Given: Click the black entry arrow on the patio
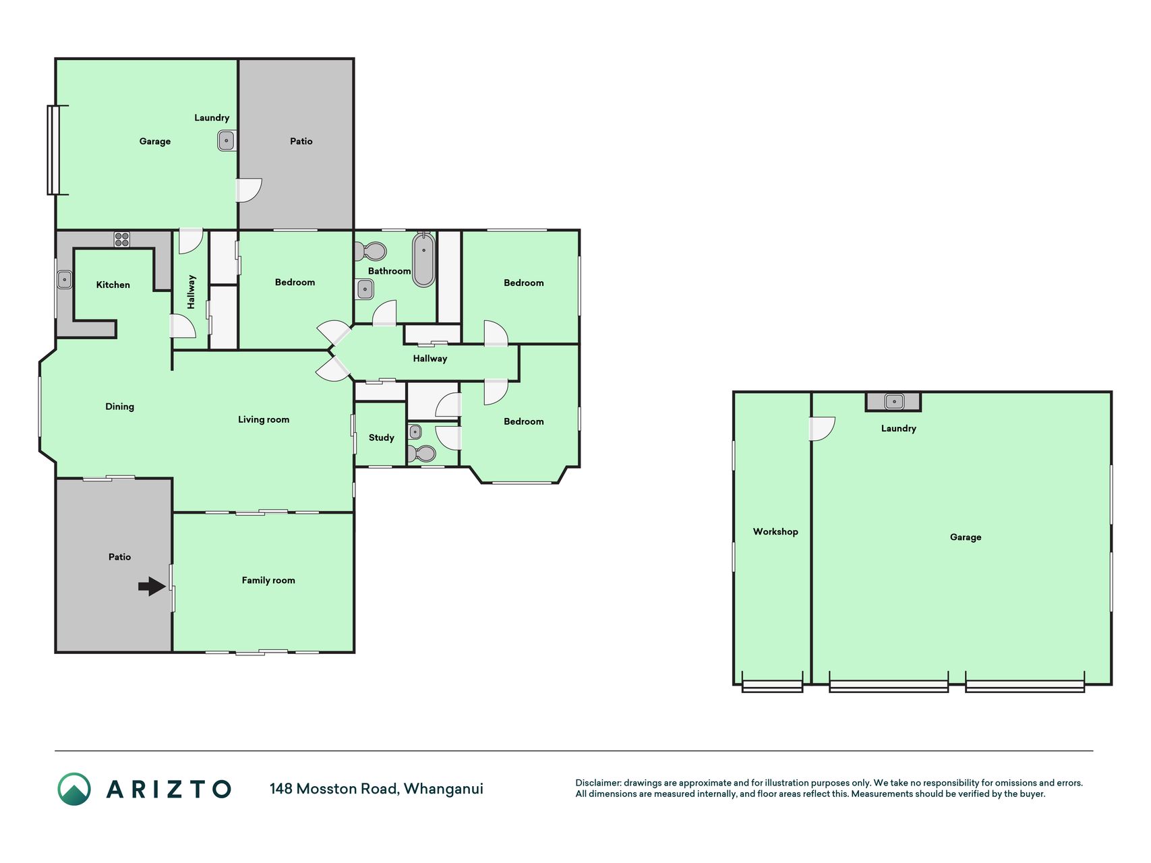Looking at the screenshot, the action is (x=152, y=586).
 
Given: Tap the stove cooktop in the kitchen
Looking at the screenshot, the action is (x=122, y=239).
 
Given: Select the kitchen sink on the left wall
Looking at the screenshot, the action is (x=65, y=279).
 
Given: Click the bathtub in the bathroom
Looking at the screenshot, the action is (x=423, y=260).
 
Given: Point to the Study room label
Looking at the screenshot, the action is (x=381, y=438).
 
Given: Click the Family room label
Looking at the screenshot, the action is (x=268, y=580).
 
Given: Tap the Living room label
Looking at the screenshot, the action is (x=264, y=419).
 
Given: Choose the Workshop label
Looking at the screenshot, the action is (x=775, y=531).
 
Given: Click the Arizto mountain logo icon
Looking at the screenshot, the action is (x=74, y=789).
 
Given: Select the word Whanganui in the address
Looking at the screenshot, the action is (x=443, y=789).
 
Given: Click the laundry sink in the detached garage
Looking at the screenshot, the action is (x=894, y=402).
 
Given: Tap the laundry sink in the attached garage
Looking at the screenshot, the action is (x=227, y=141).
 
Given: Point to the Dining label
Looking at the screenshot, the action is (x=119, y=407).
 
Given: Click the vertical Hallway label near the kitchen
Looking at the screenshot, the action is (x=191, y=292).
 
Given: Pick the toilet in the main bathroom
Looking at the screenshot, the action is (x=371, y=252).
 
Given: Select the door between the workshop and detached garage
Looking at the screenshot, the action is (x=822, y=429).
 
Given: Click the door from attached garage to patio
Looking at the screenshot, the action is (x=248, y=190).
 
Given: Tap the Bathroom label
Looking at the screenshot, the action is (x=389, y=271).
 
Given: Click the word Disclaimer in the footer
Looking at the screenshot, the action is (x=598, y=783).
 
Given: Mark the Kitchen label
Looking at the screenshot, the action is (x=113, y=285).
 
